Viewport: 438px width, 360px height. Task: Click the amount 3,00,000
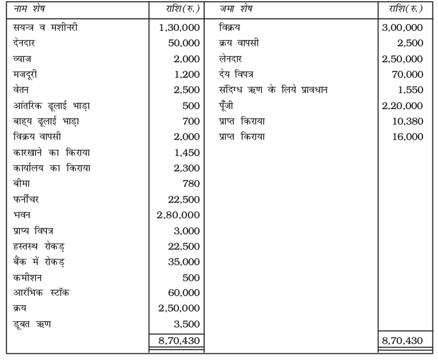click(x=401, y=27)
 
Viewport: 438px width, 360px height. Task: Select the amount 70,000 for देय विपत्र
click(x=407, y=74)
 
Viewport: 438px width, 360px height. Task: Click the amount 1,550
click(x=409, y=90)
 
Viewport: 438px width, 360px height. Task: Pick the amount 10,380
click(x=407, y=121)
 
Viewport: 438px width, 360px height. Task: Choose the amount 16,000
click(x=407, y=137)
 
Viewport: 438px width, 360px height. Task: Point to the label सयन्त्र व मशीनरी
click(x=44, y=27)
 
